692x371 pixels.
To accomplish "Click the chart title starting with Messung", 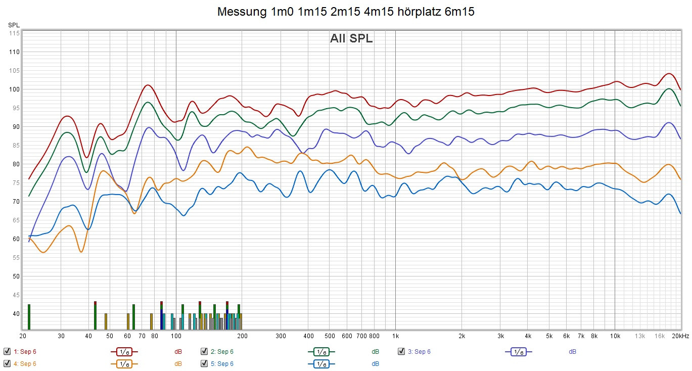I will [346, 12].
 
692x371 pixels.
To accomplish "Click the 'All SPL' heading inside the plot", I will [351, 38].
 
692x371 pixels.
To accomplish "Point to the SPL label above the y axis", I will [14, 25].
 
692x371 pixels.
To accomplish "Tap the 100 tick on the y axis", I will [14, 89].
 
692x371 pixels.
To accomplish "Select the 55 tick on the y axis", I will [16, 258].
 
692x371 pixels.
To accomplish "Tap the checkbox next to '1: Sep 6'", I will [7, 351].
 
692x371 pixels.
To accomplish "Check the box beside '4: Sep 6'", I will [7, 363].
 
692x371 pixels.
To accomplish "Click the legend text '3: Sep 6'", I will [419, 351].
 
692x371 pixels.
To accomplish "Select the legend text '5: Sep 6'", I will [222, 363].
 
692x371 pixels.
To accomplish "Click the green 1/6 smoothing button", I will [321, 351].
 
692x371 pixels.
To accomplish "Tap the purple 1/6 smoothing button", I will [518, 351].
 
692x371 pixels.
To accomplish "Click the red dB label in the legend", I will [178, 351].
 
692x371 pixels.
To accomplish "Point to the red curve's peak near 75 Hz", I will [147, 85].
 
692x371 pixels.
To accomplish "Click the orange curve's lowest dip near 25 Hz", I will [42, 252].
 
